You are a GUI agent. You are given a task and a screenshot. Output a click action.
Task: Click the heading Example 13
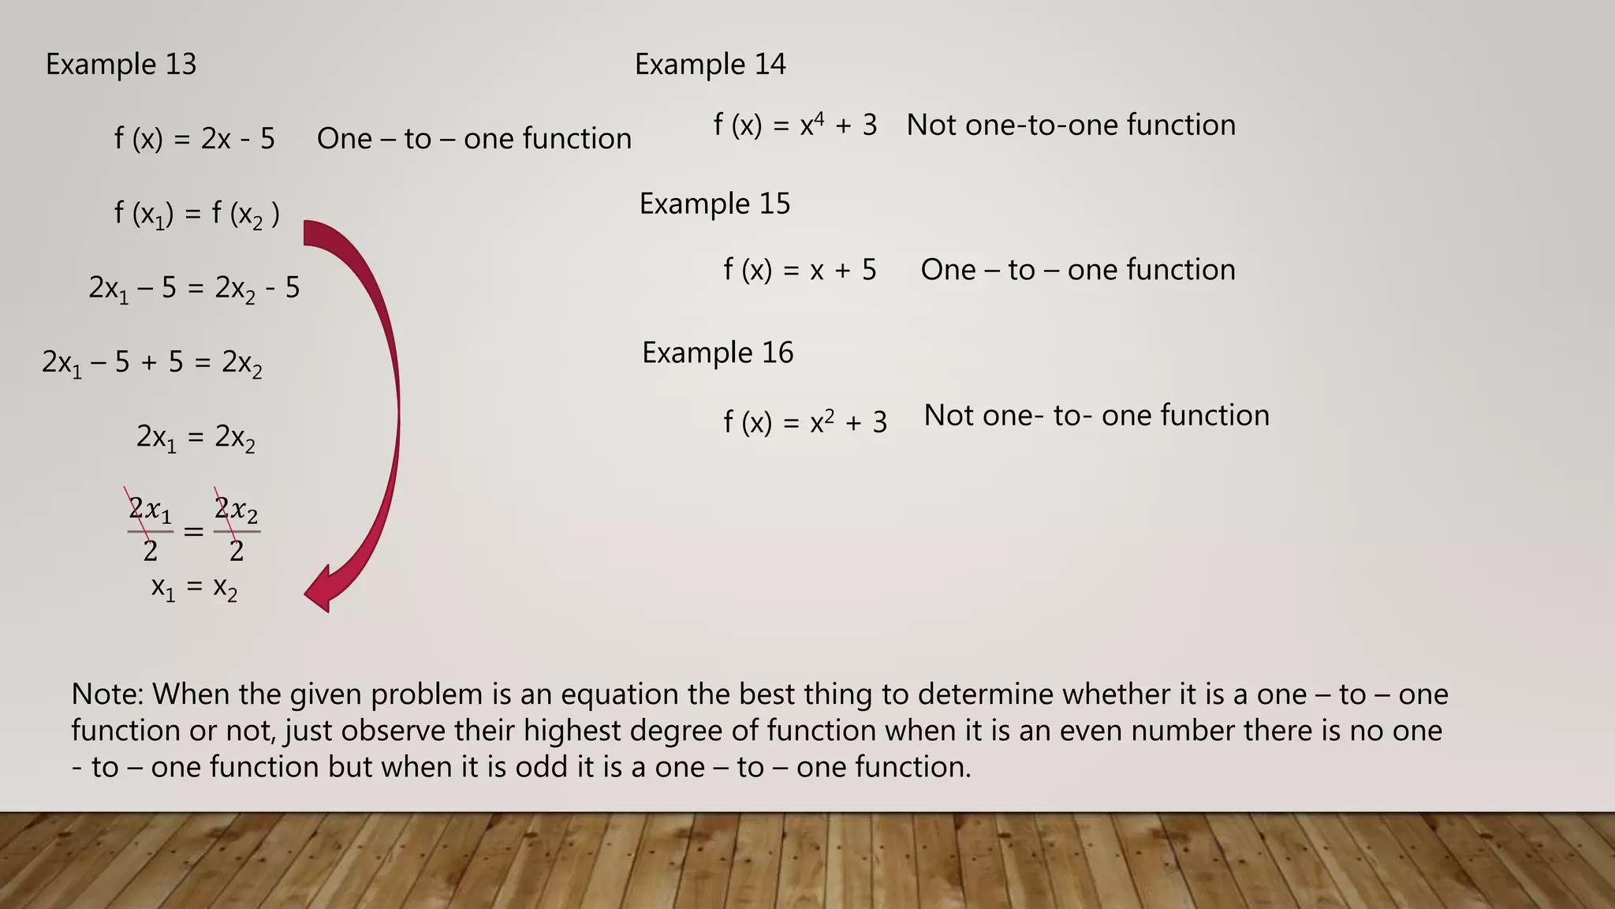tap(121, 64)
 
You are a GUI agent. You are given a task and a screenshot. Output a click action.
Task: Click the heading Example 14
tap(710, 64)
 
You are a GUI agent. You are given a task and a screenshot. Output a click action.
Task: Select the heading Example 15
tap(714, 204)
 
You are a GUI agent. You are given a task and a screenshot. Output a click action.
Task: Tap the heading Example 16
tap(718, 353)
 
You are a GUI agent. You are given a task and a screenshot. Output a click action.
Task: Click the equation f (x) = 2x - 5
tap(194, 139)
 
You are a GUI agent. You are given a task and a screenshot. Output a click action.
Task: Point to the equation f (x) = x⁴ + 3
tap(795, 125)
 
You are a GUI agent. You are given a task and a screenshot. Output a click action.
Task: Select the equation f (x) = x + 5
tap(800, 270)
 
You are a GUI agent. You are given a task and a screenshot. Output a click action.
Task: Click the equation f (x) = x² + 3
tap(805, 422)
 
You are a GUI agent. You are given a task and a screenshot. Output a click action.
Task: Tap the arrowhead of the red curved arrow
tap(322, 590)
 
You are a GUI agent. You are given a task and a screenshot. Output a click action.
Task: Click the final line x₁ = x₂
tap(194, 588)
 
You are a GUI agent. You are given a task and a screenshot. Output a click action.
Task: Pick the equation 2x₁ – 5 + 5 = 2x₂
tap(151, 363)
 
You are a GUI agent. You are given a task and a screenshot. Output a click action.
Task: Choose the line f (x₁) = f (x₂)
tap(196, 214)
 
